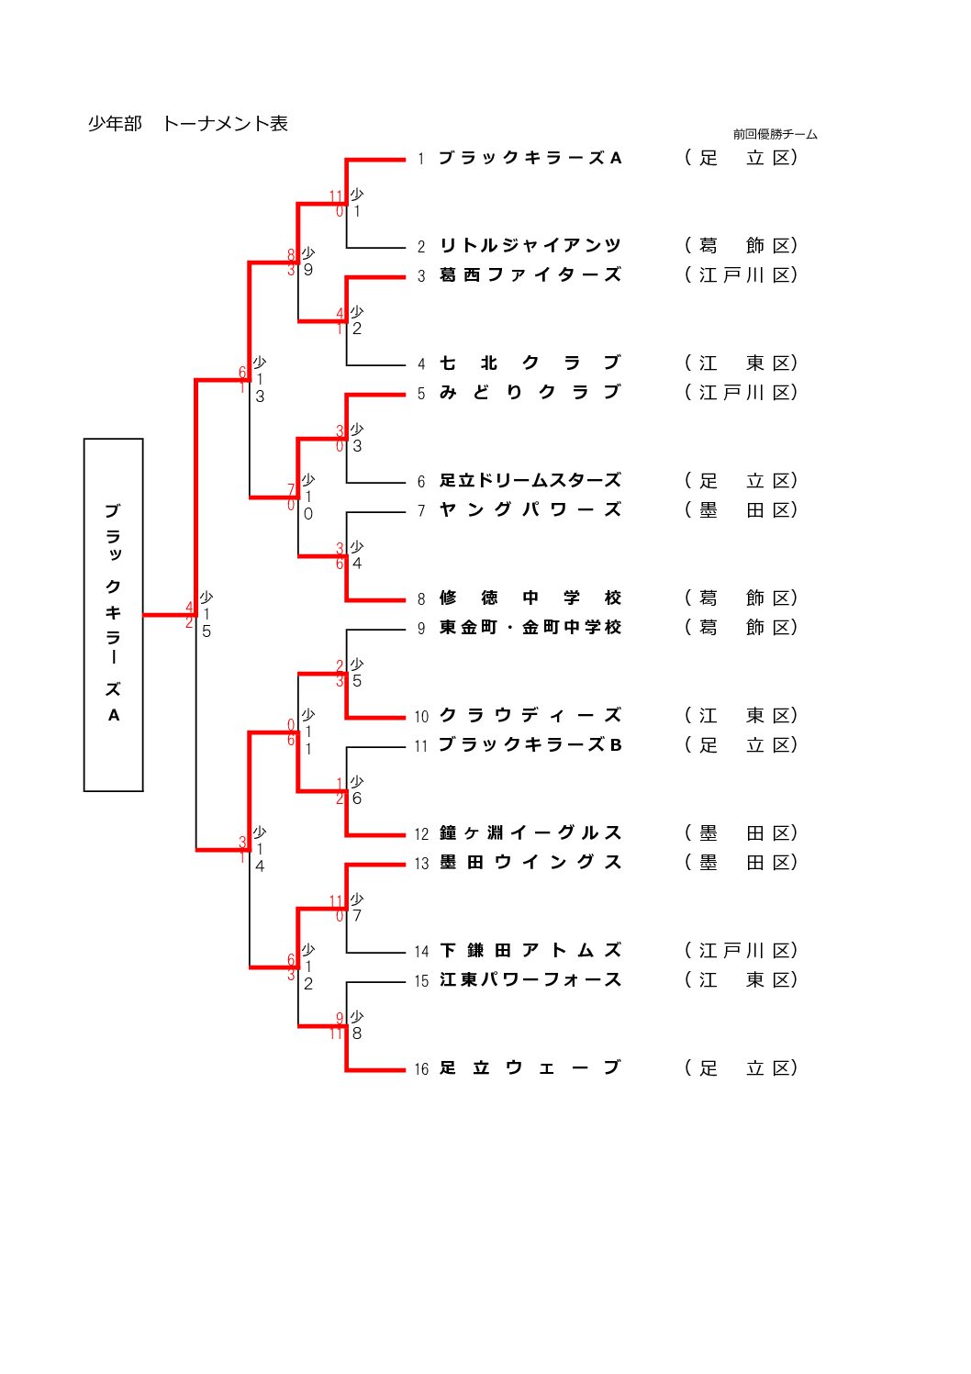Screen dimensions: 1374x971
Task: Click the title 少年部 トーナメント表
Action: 188,124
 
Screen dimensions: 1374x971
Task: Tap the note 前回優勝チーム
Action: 775,134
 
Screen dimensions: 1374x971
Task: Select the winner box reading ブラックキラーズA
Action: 113,614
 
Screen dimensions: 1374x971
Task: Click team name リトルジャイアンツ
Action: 530,246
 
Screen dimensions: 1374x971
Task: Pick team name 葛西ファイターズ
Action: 530,275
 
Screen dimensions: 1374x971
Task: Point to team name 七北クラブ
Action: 530,363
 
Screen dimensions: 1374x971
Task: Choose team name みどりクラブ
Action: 530,393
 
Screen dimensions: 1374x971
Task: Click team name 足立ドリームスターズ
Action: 530,481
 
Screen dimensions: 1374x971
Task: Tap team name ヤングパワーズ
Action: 530,510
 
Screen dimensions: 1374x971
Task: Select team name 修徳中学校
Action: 530,598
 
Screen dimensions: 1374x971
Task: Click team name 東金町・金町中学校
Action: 530,628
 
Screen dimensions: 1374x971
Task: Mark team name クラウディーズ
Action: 530,716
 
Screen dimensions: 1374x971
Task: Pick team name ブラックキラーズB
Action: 530,745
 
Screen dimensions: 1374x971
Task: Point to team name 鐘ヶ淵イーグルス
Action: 530,833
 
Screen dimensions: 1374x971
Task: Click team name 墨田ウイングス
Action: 530,863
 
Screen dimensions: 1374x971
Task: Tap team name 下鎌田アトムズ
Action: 530,951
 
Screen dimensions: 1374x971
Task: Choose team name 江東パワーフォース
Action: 530,980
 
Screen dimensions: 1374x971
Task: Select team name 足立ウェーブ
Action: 530,1068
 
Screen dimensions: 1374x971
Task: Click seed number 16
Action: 421,1069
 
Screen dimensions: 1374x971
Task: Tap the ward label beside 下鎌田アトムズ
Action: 741,951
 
